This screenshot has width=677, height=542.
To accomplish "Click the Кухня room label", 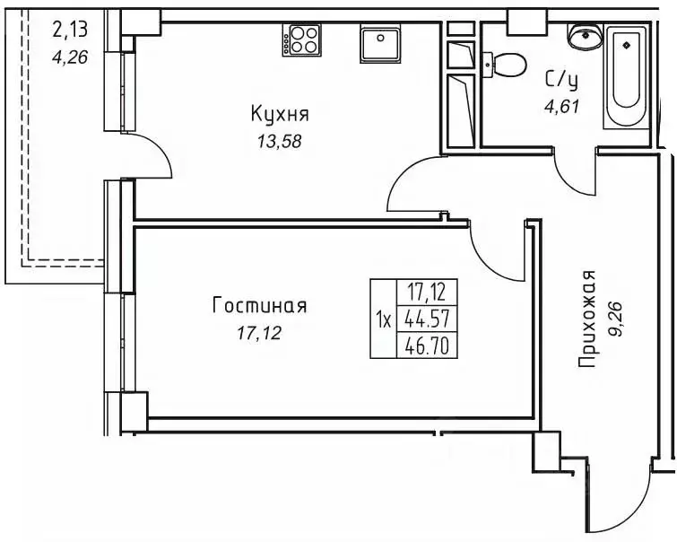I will pos(280,114).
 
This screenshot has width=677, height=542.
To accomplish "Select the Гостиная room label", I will pos(259,306).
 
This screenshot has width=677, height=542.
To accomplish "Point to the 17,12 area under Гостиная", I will pos(259,334).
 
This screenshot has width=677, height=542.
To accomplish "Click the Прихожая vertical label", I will pos(587,319).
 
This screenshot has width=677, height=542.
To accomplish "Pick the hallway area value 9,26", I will pos(617,319).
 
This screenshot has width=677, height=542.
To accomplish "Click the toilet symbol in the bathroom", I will pos(506,65).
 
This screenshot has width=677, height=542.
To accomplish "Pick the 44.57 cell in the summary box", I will pos(428,319).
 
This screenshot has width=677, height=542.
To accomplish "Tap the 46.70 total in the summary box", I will pos(428,345).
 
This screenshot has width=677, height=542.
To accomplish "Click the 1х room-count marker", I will pos(383,319).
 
